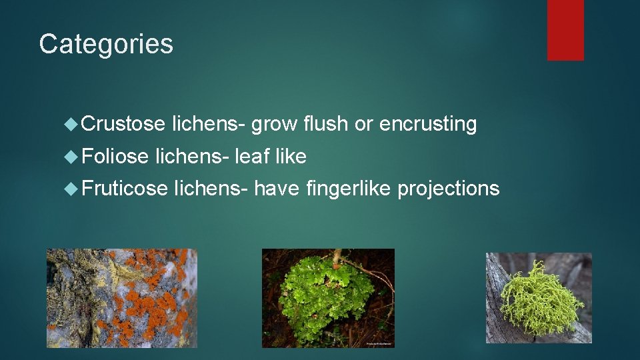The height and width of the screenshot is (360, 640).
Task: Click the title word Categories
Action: (106, 44)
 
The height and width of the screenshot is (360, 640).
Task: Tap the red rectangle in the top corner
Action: (565, 30)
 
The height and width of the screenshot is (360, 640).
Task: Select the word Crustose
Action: (124, 124)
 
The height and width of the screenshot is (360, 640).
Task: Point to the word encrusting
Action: (435, 124)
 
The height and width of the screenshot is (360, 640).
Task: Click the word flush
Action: (325, 124)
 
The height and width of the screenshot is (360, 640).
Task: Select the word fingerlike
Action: (349, 189)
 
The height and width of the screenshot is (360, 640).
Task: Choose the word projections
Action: (449, 189)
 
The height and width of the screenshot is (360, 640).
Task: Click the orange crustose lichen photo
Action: (122, 298)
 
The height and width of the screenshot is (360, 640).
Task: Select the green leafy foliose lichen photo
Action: (328, 298)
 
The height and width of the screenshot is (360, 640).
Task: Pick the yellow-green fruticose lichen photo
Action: (539, 298)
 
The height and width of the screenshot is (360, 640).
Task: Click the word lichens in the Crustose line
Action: (209, 124)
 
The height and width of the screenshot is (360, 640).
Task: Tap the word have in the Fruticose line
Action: (277, 189)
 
